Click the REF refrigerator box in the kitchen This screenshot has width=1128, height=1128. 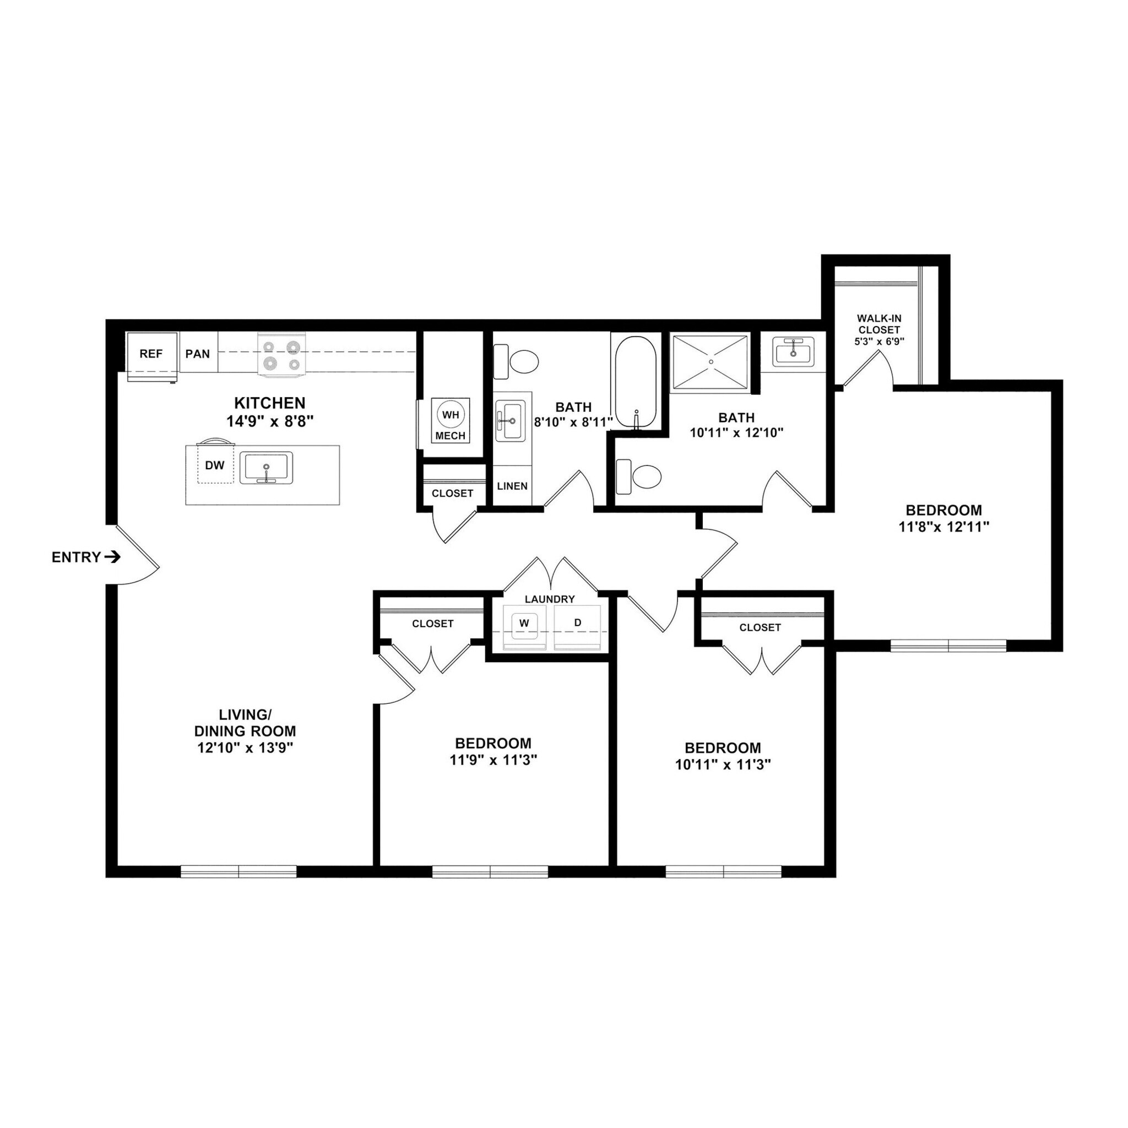click(x=152, y=354)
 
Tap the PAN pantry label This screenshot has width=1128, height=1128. click(x=197, y=354)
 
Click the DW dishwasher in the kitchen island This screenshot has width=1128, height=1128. click(x=215, y=465)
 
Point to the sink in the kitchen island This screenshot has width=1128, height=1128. click(x=266, y=468)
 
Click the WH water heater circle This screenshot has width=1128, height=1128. click(x=450, y=415)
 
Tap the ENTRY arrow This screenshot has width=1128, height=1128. click(x=112, y=557)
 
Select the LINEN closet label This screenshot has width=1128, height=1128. click(x=512, y=486)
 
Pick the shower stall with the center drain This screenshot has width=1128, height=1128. click(x=711, y=362)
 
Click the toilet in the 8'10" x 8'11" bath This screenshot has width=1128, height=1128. click(x=517, y=362)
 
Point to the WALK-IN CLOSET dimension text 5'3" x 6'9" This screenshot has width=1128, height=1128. click(x=878, y=341)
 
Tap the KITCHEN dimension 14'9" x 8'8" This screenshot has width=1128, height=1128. click(x=270, y=421)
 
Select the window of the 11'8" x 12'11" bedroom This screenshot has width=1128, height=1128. click(x=948, y=646)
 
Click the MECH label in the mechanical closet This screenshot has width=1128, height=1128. click(x=450, y=436)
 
